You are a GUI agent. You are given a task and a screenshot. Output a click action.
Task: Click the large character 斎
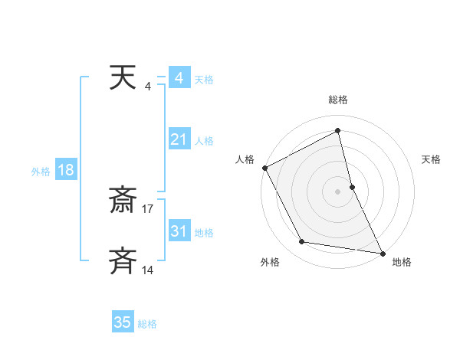click(123, 201)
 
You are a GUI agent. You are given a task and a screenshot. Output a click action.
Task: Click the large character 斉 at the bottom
click(123, 260)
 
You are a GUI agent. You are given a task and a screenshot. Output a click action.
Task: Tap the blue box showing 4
click(179, 78)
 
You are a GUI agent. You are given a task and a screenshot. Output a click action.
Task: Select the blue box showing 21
click(179, 139)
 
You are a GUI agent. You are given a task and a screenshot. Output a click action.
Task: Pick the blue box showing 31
click(179, 231)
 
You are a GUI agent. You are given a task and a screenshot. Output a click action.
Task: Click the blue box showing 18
click(65, 170)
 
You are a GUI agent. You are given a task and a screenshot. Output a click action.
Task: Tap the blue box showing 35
click(123, 322)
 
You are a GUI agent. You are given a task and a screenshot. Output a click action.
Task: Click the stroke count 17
click(148, 208)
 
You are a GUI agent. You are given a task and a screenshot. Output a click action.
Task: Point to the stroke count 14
click(148, 270)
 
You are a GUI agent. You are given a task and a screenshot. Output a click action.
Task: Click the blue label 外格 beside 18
click(40, 172)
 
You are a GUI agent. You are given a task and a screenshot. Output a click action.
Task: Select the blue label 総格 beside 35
click(147, 324)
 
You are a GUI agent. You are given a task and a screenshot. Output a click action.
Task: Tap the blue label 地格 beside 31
click(204, 233)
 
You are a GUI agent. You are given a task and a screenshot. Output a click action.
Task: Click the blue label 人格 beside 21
click(204, 141)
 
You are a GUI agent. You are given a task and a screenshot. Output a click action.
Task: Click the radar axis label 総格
click(338, 100)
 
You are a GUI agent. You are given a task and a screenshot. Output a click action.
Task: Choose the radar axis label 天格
click(431, 159)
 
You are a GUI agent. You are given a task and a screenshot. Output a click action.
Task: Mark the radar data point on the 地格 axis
click(382, 252)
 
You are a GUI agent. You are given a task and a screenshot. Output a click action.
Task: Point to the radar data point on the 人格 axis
click(264, 167)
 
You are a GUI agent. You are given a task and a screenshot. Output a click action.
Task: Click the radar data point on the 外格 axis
click(302, 242)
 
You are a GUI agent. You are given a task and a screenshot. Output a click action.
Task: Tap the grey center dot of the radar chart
click(338, 191)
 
